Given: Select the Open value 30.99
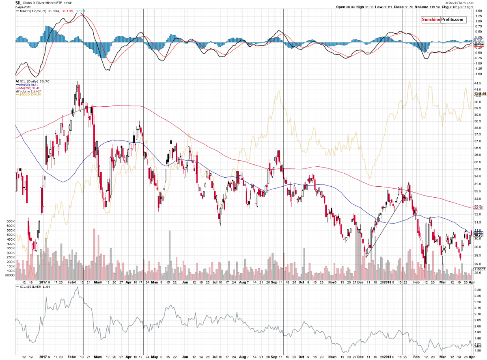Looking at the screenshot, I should [x=347, y=7].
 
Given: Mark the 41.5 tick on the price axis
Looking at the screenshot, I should [x=478, y=83].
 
